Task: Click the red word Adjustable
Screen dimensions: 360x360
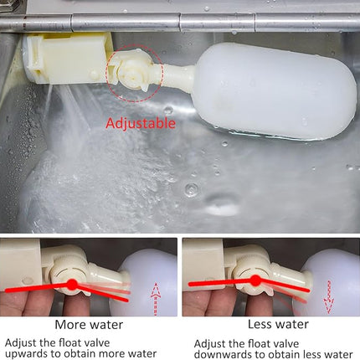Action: pyautogui.click(x=141, y=123)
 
